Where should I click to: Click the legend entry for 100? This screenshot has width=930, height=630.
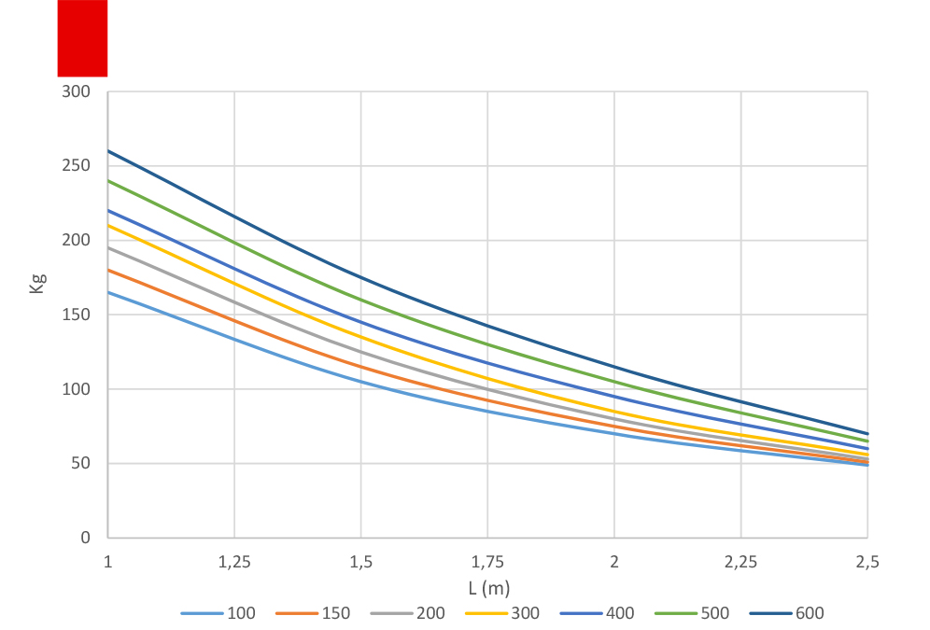point(222,613)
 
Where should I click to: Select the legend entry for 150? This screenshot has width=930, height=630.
point(317,613)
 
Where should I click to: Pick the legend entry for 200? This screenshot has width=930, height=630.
point(411,613)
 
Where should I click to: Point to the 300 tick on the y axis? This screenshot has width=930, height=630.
point(77,91)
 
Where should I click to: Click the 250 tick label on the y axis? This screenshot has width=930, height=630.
point(77,166)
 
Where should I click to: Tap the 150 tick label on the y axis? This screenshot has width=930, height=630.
point(77,315)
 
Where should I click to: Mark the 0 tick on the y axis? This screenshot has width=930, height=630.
point(85,538)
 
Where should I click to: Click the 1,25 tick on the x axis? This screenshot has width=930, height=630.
point(234,562)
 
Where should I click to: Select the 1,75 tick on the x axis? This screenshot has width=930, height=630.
point(487,562)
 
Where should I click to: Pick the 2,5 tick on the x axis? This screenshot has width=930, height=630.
point(867,562)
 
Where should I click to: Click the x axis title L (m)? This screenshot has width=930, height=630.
point(487,587)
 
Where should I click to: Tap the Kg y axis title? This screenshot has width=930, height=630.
point(38,283)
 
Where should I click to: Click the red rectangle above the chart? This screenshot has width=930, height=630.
point(82,38)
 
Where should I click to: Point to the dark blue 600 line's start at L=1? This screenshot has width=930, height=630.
point(108,150)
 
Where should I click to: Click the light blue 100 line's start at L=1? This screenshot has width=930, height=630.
point(108,292)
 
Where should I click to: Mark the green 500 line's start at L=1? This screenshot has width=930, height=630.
point(108,180)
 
